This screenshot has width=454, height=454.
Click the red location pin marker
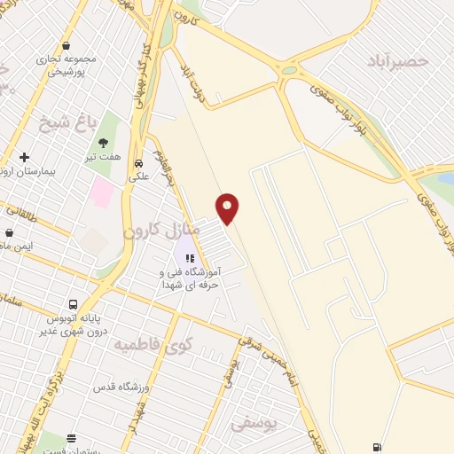pyautogui.click(x=228, y=208)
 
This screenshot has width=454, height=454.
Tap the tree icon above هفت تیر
pyautogui.click(x=103, y=142)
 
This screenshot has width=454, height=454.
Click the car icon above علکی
pyautogui.click(x=138, y=163)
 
